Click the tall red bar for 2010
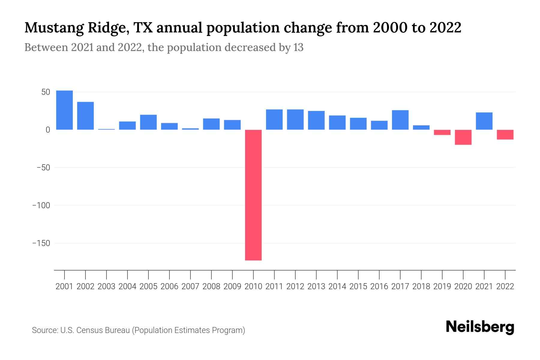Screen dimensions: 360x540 click(x=253, y=195)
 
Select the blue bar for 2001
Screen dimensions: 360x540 click(x=64, y=110)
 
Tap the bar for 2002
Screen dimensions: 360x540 click(x=85, y=116)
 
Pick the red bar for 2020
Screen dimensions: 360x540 click(x=463, y=137)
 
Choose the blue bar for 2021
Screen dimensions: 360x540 click(x=484, y=121)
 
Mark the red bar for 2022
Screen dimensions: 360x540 click(x=505, y=134)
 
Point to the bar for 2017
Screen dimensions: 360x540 click(x=400, y=120)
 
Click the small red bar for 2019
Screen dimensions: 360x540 click(x=442, y=132)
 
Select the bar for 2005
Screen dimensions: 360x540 click(x=148, y=122)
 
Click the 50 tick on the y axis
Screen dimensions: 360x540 click(x=46, y=92)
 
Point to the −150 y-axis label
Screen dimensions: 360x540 click(x=41, y=243)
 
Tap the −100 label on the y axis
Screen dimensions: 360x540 click(x=41, y=205)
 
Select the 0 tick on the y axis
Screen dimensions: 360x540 click(x=48, y=130)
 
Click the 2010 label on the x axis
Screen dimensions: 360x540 click(x=253, y=286)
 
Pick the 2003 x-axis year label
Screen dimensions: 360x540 click(x=106, y=286)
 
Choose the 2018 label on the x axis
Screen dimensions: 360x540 click(x=421, y=286)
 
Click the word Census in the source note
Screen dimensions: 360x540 click(x=89, y=330)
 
